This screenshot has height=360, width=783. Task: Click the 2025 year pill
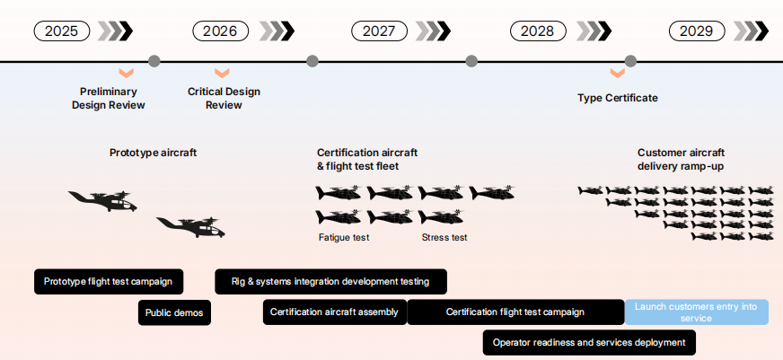click(62, 31)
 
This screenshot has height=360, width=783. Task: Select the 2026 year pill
click(220, 31)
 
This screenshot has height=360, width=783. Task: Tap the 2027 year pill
click(379, 31)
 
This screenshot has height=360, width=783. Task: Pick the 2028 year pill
click(537, 31)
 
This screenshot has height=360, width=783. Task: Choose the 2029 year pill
click(696, 31)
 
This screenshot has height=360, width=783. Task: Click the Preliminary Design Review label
click(108, 98)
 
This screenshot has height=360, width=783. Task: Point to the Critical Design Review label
click(224, 98)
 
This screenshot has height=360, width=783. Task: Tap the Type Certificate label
click(618, 98)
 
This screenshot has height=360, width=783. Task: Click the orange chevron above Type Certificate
click(617, 73)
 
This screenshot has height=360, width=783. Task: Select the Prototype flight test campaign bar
click(109, 281)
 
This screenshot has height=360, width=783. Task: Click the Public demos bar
click(174, 312)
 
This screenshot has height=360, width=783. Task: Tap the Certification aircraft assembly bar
click(334, 312)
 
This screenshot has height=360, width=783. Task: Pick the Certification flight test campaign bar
click(515, 312)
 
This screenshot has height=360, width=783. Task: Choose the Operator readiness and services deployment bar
click(588, 342)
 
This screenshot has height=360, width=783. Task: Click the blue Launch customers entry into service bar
click(696, 312)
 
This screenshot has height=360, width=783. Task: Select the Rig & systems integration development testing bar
click(330, 281)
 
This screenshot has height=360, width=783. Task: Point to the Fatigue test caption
click(344, 238)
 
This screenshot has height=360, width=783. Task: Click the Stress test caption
click(444, 238)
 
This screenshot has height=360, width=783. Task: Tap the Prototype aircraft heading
click(153, 153)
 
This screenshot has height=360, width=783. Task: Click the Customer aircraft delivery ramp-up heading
click(681, 159)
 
